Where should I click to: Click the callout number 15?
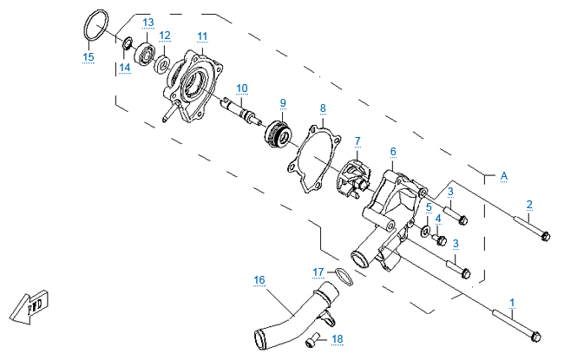pyautogui.click(x=88, y=57)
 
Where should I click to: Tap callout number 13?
pyautogui.click(x=148, y=21)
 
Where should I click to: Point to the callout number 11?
pyautogui.click(x=202, y=36)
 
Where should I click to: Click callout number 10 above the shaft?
pyautogui.click(x=242, y=88)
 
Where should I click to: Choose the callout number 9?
pyautogui.click(x=283, y=103)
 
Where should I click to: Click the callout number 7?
pyautogui.click(x=357, y=140)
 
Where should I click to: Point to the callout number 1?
pyautogui.click(x=512, y=303)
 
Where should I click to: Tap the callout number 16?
pyautogui.click(x=259, y=279)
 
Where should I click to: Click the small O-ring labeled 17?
pyautogui.click(x=344, y=278)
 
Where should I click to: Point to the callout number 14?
pyautogui.click(x=124, y=67)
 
